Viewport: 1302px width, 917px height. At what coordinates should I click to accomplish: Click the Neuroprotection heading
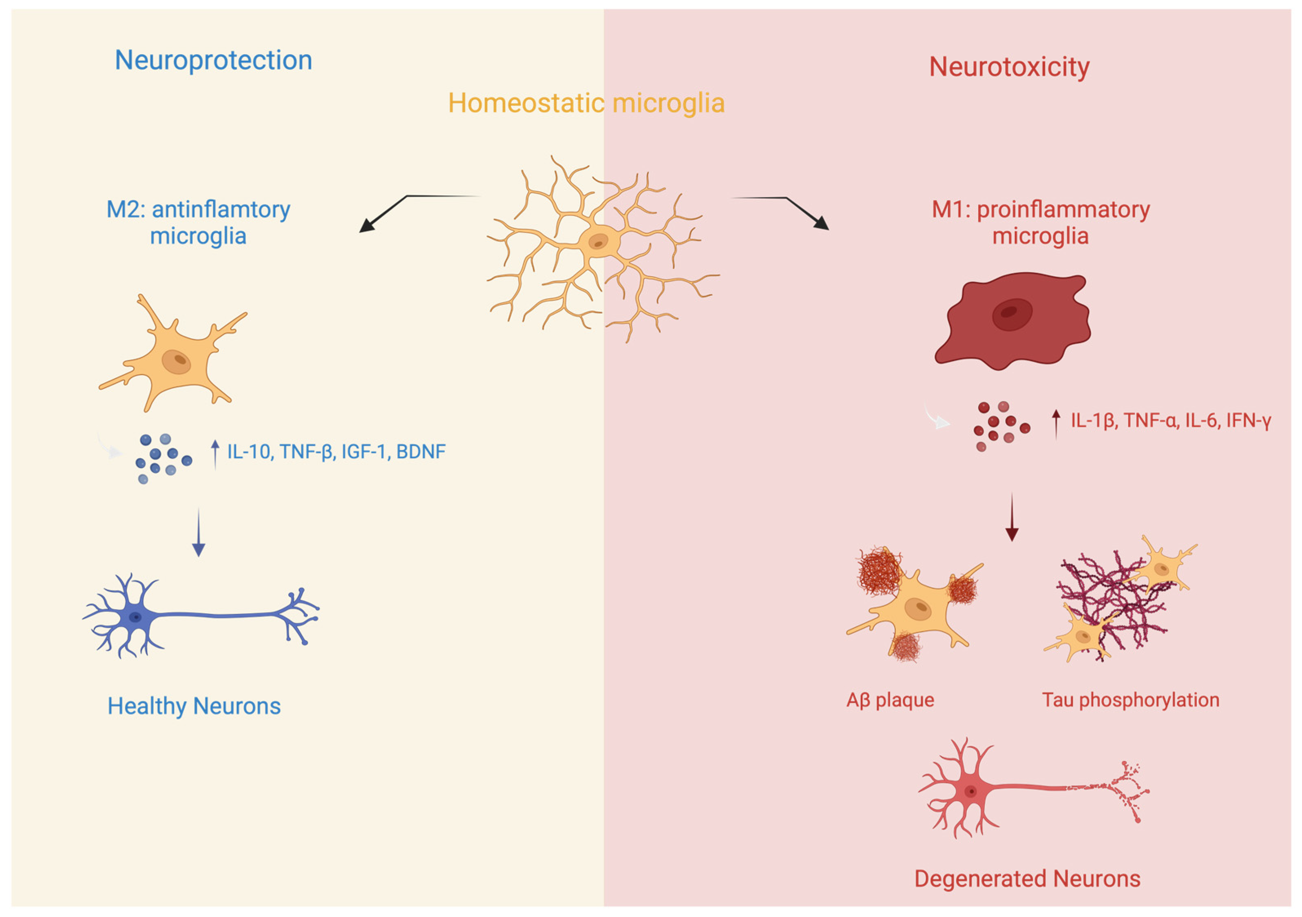pos(213,60)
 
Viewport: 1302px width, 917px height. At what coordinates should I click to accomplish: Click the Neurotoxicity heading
pos(1009,67)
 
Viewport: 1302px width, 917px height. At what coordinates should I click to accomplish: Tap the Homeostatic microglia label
pos(586,103)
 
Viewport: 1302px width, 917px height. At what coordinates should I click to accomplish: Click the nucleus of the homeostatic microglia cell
pos(598,242)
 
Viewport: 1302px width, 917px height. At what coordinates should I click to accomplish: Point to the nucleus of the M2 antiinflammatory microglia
pos(177,361)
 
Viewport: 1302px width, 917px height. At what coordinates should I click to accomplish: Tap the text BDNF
pos(421,452)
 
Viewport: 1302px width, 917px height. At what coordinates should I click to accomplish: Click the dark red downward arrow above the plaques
pos(1012,517)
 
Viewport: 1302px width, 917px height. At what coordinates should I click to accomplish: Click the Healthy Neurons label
pos(194,706)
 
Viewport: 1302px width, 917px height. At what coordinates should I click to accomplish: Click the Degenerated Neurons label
pos(1027,878)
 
